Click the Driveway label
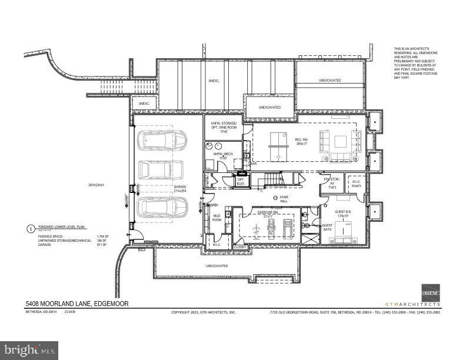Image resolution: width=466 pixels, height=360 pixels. click(x=96, y=185)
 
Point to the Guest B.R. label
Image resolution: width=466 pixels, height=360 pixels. click(x=342, y=214)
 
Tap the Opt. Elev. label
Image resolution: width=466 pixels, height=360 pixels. click(x=240, y=182)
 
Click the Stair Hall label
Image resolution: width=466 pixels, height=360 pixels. click(x=284, y=200)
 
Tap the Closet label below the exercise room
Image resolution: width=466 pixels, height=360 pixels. click(x=240, y=248)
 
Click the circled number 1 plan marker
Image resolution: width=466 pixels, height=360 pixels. click(x=31, y=228)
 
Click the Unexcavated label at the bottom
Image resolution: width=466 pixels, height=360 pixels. click(x=217, y=266)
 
